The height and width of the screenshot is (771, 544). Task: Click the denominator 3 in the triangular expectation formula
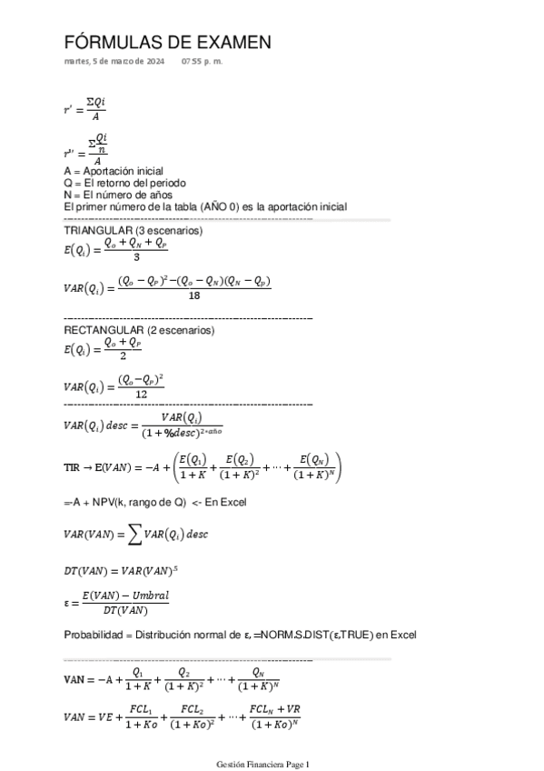coord(135,256)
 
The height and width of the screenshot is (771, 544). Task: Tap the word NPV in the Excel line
coord(91,502)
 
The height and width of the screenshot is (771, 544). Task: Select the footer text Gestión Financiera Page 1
coord(263,764)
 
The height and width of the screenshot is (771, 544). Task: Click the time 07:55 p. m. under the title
coord(202,62)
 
